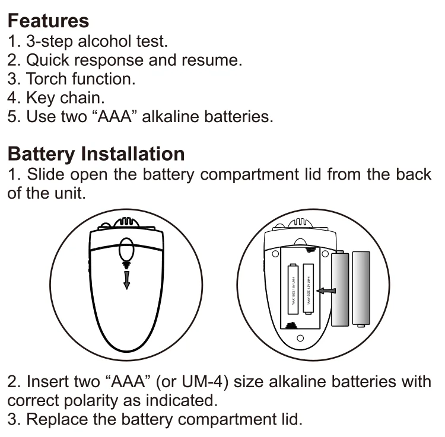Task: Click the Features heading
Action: (48, 21)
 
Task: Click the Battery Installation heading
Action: (96, 154)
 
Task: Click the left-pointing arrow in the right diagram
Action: (326, 291)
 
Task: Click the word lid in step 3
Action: (290, 419)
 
